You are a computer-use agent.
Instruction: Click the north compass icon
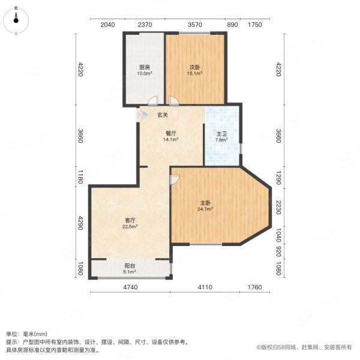click(x=16, y=21)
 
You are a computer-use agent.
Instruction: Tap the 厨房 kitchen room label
click(x=144, y=67)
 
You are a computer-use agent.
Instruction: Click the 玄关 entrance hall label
click(x=163, y=115)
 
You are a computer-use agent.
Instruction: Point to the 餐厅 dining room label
click(x=171, y=133)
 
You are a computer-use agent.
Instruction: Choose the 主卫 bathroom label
click(x=221, y=133)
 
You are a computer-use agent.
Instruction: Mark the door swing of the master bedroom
click(x=175, y=179)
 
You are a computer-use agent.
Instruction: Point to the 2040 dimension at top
click(x=107, y=25)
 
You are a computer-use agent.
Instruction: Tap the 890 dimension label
click(x=232, y=25)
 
